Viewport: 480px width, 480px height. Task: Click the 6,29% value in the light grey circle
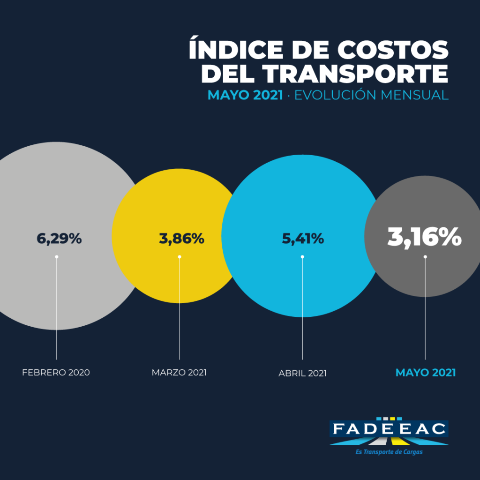59,239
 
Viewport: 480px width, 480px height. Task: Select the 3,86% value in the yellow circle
181,239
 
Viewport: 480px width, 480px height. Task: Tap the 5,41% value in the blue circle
303,239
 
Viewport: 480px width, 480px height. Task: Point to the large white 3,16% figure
424,237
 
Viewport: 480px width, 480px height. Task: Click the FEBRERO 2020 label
56,373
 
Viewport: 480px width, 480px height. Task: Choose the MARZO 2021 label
179,373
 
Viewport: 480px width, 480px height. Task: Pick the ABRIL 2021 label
302,374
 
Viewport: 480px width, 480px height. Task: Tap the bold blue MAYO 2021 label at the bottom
426,373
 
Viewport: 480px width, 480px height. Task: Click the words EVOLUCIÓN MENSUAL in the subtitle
371,95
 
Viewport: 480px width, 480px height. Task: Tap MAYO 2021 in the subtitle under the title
245,95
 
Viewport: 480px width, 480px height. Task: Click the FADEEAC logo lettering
389,429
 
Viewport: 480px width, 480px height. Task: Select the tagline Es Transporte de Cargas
389,452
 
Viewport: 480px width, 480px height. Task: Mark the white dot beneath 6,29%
56,256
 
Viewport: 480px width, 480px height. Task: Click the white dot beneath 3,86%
180,256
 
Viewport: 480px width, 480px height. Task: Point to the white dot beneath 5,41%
302,256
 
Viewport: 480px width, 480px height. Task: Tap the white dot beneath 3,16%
425,256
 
